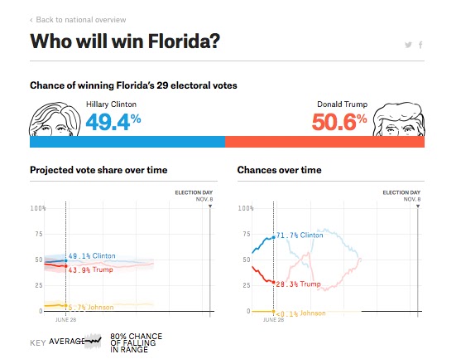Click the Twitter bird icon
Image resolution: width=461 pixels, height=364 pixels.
(x=408, y=45)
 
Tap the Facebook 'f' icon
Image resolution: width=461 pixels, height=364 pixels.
(x=420, y=45)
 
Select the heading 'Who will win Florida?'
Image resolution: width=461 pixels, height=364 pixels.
(x=125, y=41)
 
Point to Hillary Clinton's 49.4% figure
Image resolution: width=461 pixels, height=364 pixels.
(x=113, y=122)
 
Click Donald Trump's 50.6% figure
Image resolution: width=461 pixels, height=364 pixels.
(x=339, y=122)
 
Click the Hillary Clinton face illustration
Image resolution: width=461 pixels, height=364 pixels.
(x=55, y=119)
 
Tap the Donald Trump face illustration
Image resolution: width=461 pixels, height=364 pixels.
(x=399, y=119)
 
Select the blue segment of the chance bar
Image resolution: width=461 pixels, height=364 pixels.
(x=127, y=142)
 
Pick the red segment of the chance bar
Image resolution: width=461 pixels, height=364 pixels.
(x=325, y=142)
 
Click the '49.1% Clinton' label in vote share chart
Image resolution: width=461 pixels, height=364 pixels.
(x=92, y=256)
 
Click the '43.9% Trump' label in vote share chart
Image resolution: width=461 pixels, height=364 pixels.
(x=90, y=269)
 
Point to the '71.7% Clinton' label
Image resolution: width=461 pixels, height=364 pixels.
(x=300, y=235)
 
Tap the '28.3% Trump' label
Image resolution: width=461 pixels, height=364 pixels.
(x=298, y=284)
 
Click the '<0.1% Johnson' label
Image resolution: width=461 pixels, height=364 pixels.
(x=300, y=313)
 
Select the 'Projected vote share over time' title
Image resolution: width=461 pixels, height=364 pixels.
(x=98, y=170)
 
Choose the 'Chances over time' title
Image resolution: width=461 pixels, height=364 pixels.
(x=279, y=170)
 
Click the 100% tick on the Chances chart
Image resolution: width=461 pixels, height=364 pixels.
(x=246, y=208)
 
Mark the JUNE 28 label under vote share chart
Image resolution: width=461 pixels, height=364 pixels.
(x=66, y=320)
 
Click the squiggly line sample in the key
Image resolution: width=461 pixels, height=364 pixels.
(x=93, y=342)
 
